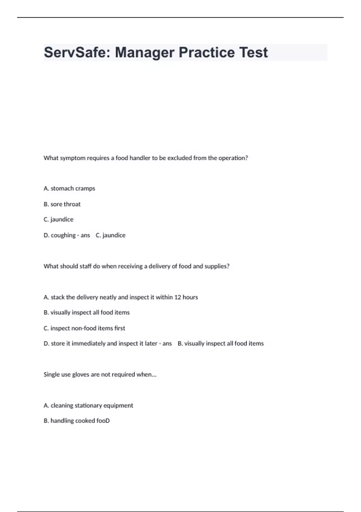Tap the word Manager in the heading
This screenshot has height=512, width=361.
145,52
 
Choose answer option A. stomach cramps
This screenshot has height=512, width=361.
69,189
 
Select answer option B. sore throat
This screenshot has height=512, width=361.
62,204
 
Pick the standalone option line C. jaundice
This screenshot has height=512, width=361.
58,220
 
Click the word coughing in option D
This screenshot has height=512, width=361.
63,235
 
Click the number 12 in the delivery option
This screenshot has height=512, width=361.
177,297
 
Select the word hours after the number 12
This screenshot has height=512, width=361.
190,297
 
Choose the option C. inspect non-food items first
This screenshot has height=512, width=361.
84,328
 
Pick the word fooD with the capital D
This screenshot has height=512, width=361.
103,421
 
